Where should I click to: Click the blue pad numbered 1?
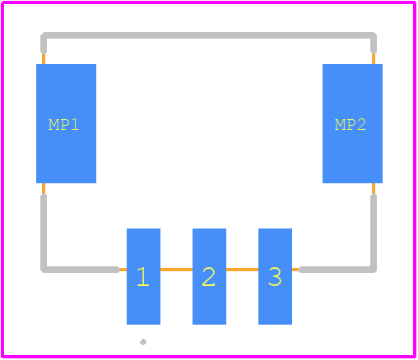click(143, 276)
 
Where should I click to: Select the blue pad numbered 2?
click(209, 276)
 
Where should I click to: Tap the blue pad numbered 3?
click(275, 276)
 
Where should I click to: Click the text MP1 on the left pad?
click(64, 125)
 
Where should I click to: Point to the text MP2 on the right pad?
click(351, 125)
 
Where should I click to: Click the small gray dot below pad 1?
click(143, 342)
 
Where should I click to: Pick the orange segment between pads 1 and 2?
click(176, 270)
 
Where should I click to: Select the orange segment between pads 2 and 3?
click(242, 270)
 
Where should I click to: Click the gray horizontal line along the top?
click(208, 35)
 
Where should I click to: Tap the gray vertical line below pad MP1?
click(44, 232)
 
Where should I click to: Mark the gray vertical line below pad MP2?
click(374, 232)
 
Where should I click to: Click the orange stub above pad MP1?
click(44, 58)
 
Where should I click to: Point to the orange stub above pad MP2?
click(374, 58)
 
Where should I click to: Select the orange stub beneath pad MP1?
click(44, 188)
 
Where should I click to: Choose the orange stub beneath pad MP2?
click(374, 188)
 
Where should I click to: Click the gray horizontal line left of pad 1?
click(80, 270)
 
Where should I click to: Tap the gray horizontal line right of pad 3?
click(337, 270)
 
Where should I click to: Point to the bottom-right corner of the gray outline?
click(374, 270)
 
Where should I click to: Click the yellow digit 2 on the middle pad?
click(209, 277)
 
